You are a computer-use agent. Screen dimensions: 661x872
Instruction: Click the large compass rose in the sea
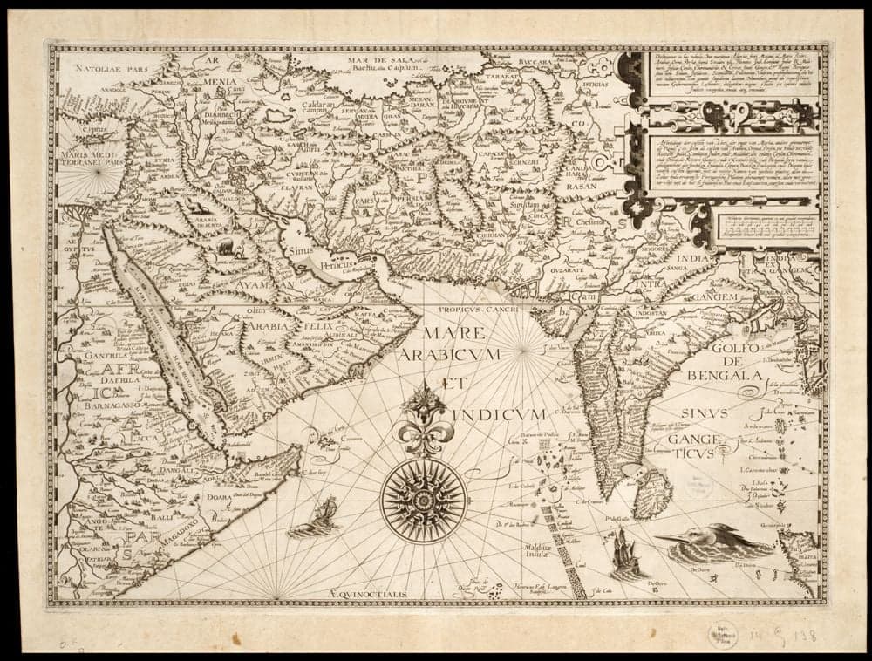[x=424, y=501]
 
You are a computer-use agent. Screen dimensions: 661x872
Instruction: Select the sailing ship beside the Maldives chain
[x=627, y=554]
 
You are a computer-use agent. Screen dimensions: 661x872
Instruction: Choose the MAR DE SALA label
[x=380, y=59]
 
